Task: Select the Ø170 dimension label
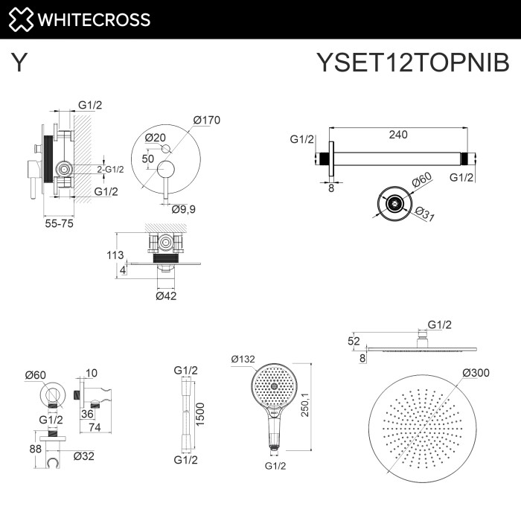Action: (206, 120)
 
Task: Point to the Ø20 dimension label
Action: (155, 137)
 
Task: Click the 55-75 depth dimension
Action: (57, 222)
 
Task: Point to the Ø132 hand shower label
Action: (243, 359)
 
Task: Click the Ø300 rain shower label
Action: (475, 373)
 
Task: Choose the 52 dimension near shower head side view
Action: (353, 342)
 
